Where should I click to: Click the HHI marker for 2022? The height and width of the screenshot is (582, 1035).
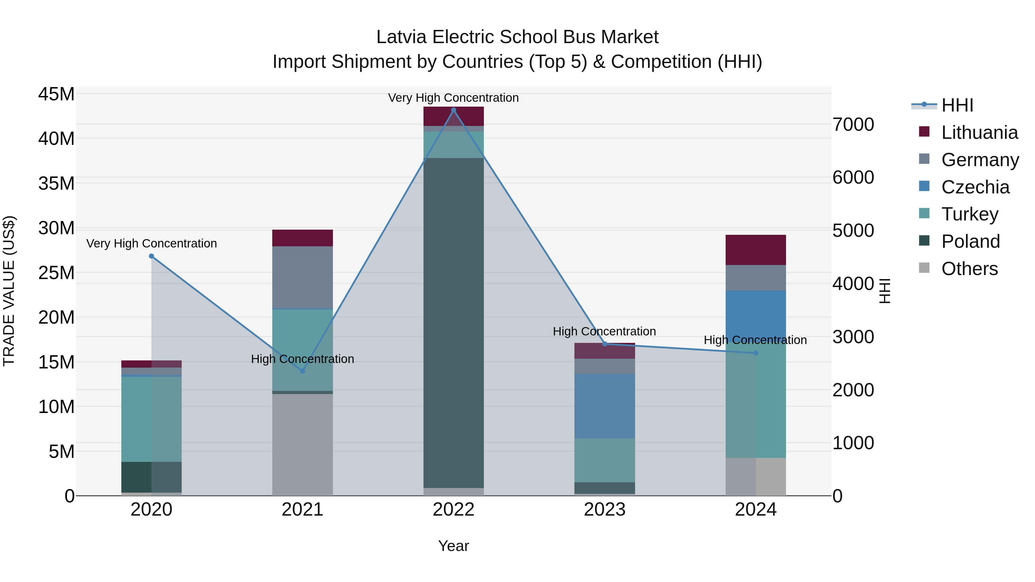(454, 110)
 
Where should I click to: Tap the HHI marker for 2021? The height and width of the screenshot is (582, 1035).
(302, 371)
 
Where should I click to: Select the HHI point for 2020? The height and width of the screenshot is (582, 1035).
(152, 256)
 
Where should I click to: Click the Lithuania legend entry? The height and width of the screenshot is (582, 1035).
(979, 132)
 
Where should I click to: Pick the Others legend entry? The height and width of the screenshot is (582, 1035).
(969, 269)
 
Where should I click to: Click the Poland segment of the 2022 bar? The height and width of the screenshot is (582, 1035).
(454, 321)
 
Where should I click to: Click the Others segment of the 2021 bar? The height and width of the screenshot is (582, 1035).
(302, 444)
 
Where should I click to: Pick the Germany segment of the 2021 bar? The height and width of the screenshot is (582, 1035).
(302, 277)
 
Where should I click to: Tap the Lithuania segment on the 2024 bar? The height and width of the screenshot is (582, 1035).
(755, 250)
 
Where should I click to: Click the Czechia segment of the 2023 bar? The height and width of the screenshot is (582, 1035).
(604, 406)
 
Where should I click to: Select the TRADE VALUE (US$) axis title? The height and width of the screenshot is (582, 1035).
(9, 291)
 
